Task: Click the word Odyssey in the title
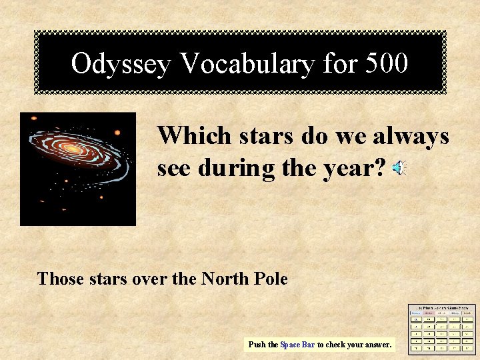click(122, 64)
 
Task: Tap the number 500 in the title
click(386, 64)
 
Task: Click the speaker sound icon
click(399, 169)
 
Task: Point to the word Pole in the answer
click(271, 278)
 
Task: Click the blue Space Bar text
click(297, 345)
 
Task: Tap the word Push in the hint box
click(257, 345)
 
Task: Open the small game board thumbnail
click(442, 329)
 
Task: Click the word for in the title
click(340, 64)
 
